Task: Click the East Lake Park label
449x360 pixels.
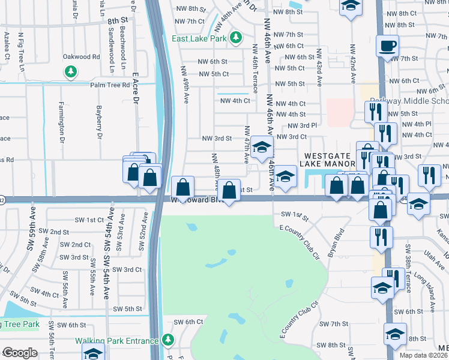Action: [x=199, y=38]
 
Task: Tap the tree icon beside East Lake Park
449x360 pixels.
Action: [x=236, y=37]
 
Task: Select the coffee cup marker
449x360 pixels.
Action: [x=387, y=44]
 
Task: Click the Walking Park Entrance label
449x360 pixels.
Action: [x=117, y=341]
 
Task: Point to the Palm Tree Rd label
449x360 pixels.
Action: [x=110, y=85]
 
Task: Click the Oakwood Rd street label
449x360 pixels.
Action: [x=81, y=57]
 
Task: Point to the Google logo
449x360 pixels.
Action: [x=20, y=353]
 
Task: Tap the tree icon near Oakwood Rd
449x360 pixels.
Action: [x=71, y=72]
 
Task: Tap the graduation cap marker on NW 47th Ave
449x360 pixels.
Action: [x=261, y=147]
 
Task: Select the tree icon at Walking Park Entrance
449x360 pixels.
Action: [x=168, y=341]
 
